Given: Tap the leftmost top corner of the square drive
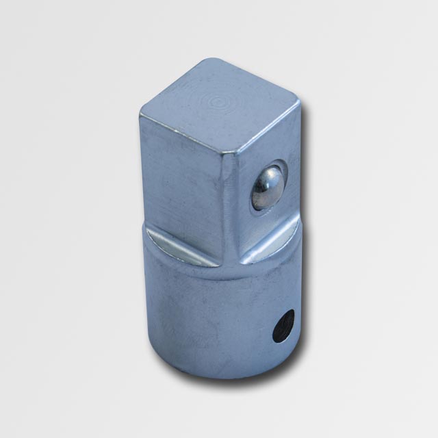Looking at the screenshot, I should coord(142,111).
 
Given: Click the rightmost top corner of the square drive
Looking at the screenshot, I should coord(299,104).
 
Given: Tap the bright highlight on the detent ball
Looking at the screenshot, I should coord(261,182).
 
